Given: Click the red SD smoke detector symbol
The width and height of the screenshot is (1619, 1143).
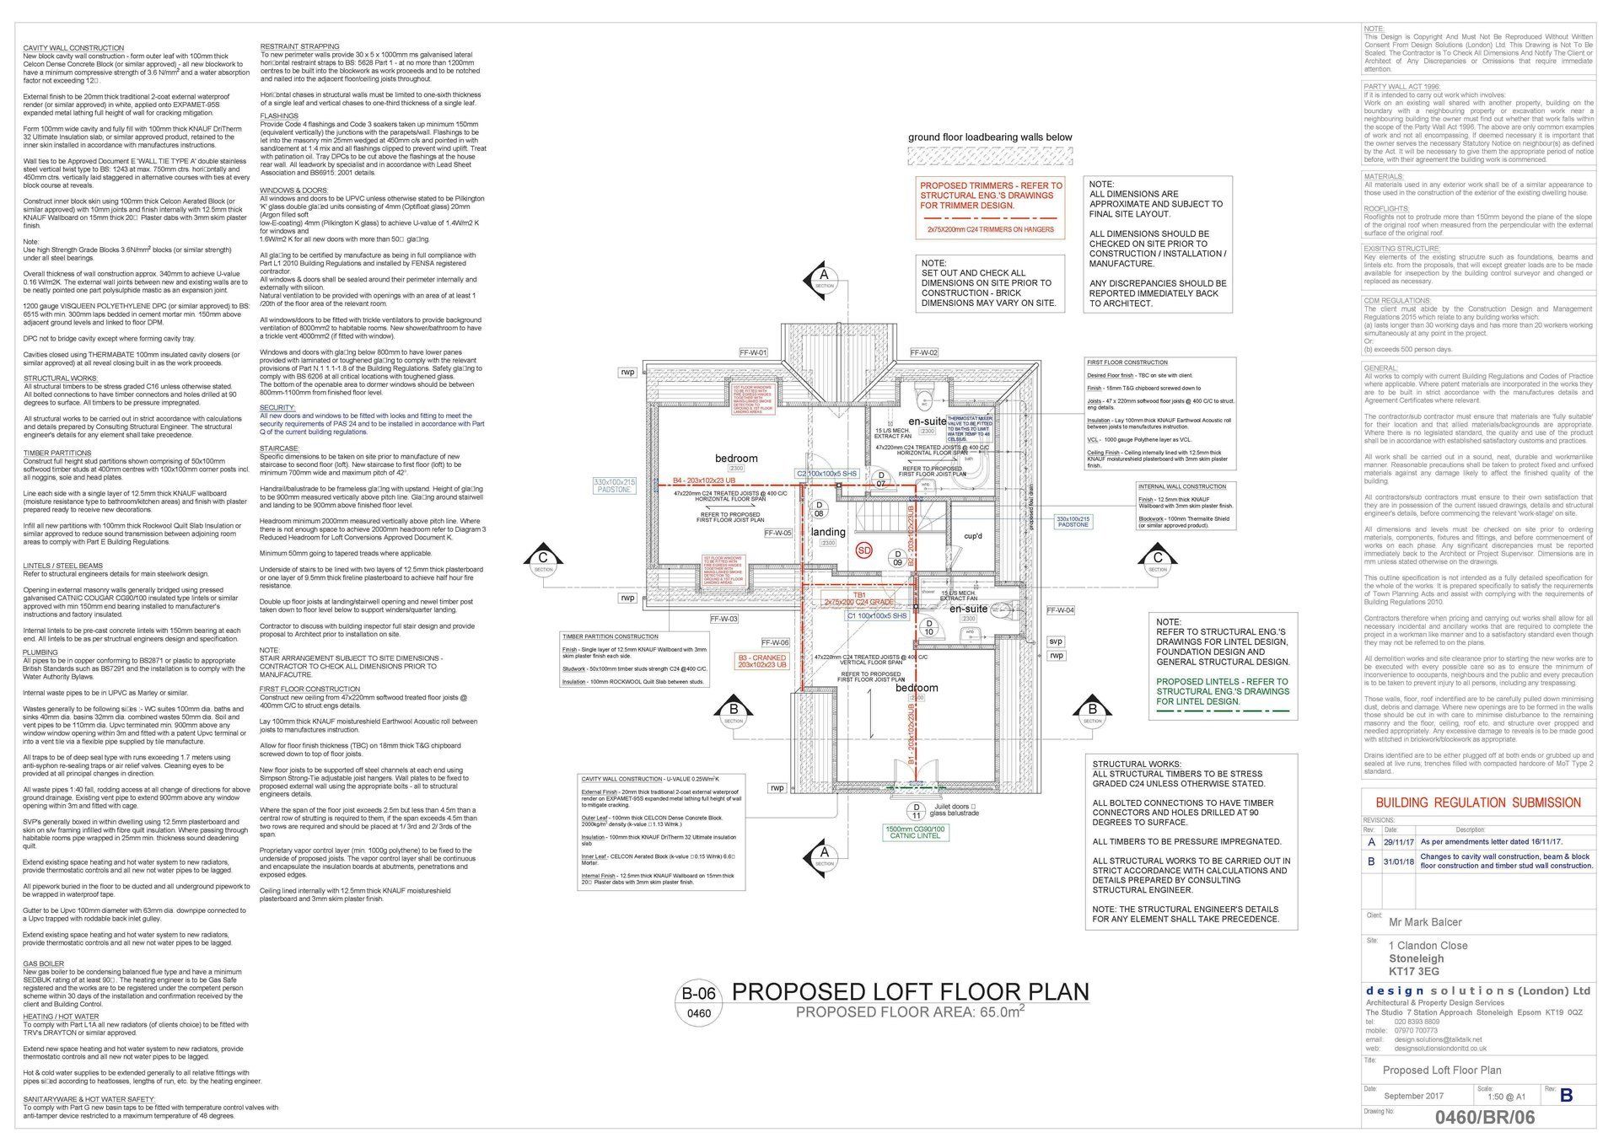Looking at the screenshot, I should click(x=863, y=550).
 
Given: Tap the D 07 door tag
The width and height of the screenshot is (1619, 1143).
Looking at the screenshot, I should click(x=881, y=480).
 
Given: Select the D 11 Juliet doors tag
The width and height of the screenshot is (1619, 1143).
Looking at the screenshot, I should click(x=917, y=812).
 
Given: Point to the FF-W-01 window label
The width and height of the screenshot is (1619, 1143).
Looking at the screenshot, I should click(x=753, y=352).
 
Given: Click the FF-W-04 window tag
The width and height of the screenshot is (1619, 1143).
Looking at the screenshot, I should click(x=1060, y=610).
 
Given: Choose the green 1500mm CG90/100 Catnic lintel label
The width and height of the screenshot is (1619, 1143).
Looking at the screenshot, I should click(x=915, y=833).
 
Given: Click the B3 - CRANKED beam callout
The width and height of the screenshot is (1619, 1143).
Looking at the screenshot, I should click(x=761, y=661).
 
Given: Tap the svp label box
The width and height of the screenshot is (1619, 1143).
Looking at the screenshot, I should click(x=1056, y=641).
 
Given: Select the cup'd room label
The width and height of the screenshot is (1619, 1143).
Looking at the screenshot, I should click(x=973, y=536).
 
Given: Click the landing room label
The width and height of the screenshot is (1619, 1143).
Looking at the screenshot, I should click(x=828, y=532).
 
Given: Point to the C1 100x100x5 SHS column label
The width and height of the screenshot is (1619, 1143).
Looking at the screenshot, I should click(x=877, y=616).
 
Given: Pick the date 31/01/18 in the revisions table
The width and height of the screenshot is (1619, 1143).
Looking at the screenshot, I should click(x=1396, y=861).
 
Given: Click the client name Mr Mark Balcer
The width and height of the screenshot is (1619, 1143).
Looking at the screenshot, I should click(x=1426, y=921).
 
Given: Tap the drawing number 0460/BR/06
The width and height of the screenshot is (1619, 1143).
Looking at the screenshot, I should click(x=1484, y=1118).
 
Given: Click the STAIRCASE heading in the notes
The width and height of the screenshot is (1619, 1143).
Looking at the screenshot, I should click(x=278, y=448).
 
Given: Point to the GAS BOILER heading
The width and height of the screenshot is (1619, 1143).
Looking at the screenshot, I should click(x=44, y=963).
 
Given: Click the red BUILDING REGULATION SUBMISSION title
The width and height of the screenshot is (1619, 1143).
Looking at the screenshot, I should click(x=1478, y=803).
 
